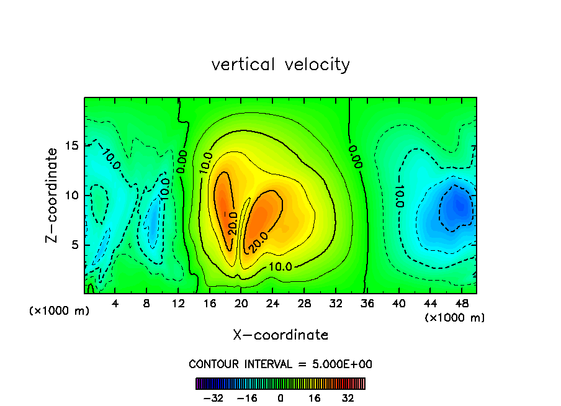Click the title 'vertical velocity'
pos(280,65)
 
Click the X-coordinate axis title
pos(280,335)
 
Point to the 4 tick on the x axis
pos(115,304)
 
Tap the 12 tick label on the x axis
pos(179,304)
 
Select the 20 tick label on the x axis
pos(241,304)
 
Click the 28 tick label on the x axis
pos(304,304)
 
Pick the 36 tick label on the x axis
pos(367,304)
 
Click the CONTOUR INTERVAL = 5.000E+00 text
pos(280,364)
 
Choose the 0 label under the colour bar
pos(280,398)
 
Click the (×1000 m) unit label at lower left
pos(60,311)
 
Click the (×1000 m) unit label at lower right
pos(455,318)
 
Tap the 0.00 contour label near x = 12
pos(182,162)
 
